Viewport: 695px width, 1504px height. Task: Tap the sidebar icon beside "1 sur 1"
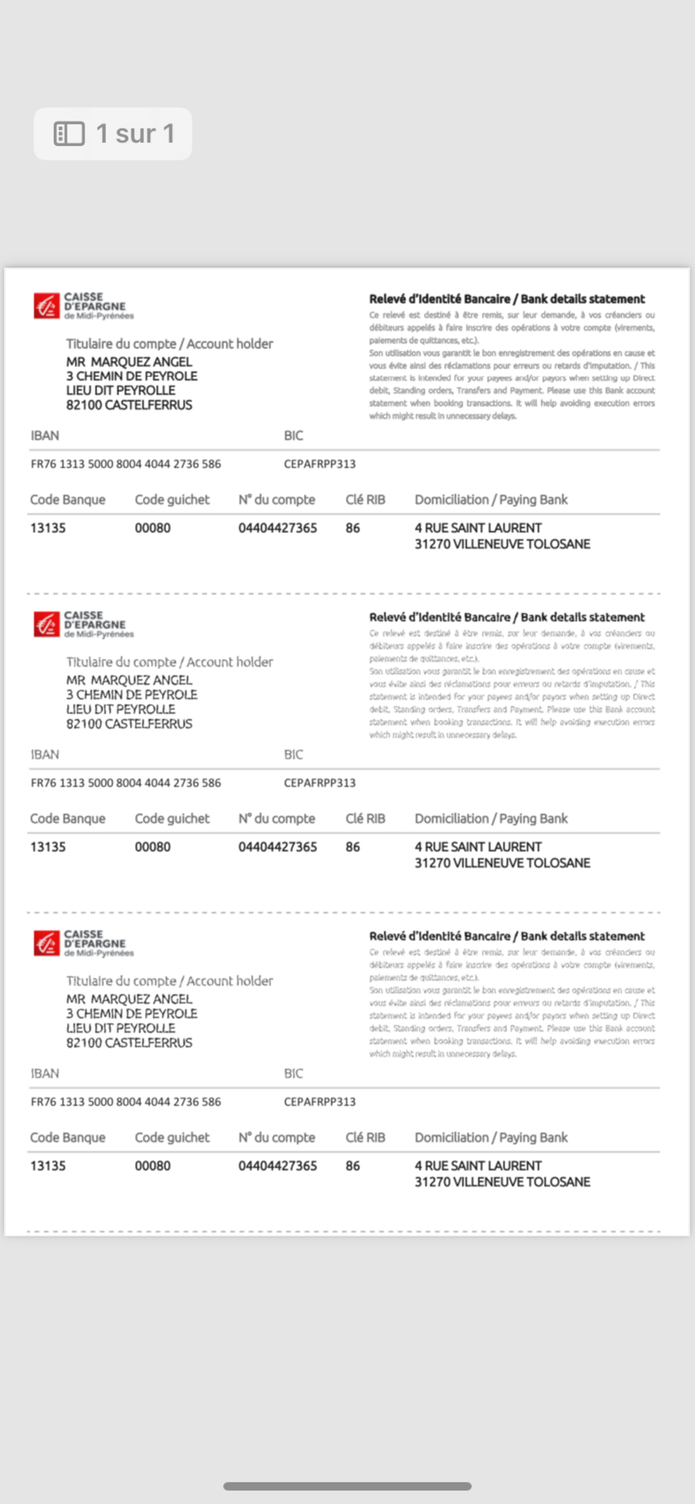coord(69,134)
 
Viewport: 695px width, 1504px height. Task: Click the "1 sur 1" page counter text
coord(136,134)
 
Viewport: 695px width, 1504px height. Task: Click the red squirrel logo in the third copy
coord(47,943)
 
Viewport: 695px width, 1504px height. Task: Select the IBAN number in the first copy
coord(125,464)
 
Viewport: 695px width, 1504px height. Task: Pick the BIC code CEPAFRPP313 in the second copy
coord(319,783)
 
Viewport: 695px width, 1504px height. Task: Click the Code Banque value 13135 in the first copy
coord(48,528)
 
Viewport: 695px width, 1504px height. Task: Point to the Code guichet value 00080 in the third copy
coord(153,1166)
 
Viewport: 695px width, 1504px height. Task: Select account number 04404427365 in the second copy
coord(277,847)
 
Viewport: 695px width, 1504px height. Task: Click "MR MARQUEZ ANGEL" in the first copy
coord(129,362)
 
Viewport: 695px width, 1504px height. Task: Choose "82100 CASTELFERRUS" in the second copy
coord(129,724)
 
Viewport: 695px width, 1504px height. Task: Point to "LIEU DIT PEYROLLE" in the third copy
coord(120,1028)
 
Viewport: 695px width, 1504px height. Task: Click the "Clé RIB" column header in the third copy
coord(365,1137)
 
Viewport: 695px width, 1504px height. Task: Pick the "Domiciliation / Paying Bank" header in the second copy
coord(491,819)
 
